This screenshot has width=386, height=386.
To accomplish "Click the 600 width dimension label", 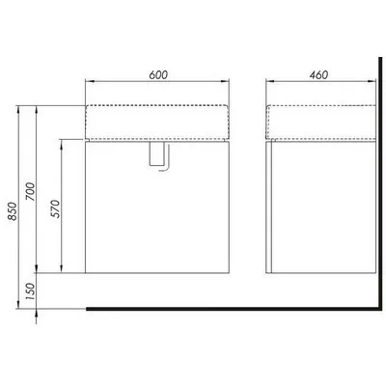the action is point(158,74).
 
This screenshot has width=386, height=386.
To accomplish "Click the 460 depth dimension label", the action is point(318,74).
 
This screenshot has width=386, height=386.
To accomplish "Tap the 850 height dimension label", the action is point(13,211).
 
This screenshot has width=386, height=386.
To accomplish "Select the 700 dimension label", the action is point(31,191).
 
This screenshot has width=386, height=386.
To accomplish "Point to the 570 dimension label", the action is point(55,208).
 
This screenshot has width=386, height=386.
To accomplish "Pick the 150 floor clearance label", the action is point(31,291).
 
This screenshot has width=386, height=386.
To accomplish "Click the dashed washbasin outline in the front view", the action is point(157,106).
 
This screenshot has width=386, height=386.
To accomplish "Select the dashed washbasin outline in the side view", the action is point(321,106).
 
